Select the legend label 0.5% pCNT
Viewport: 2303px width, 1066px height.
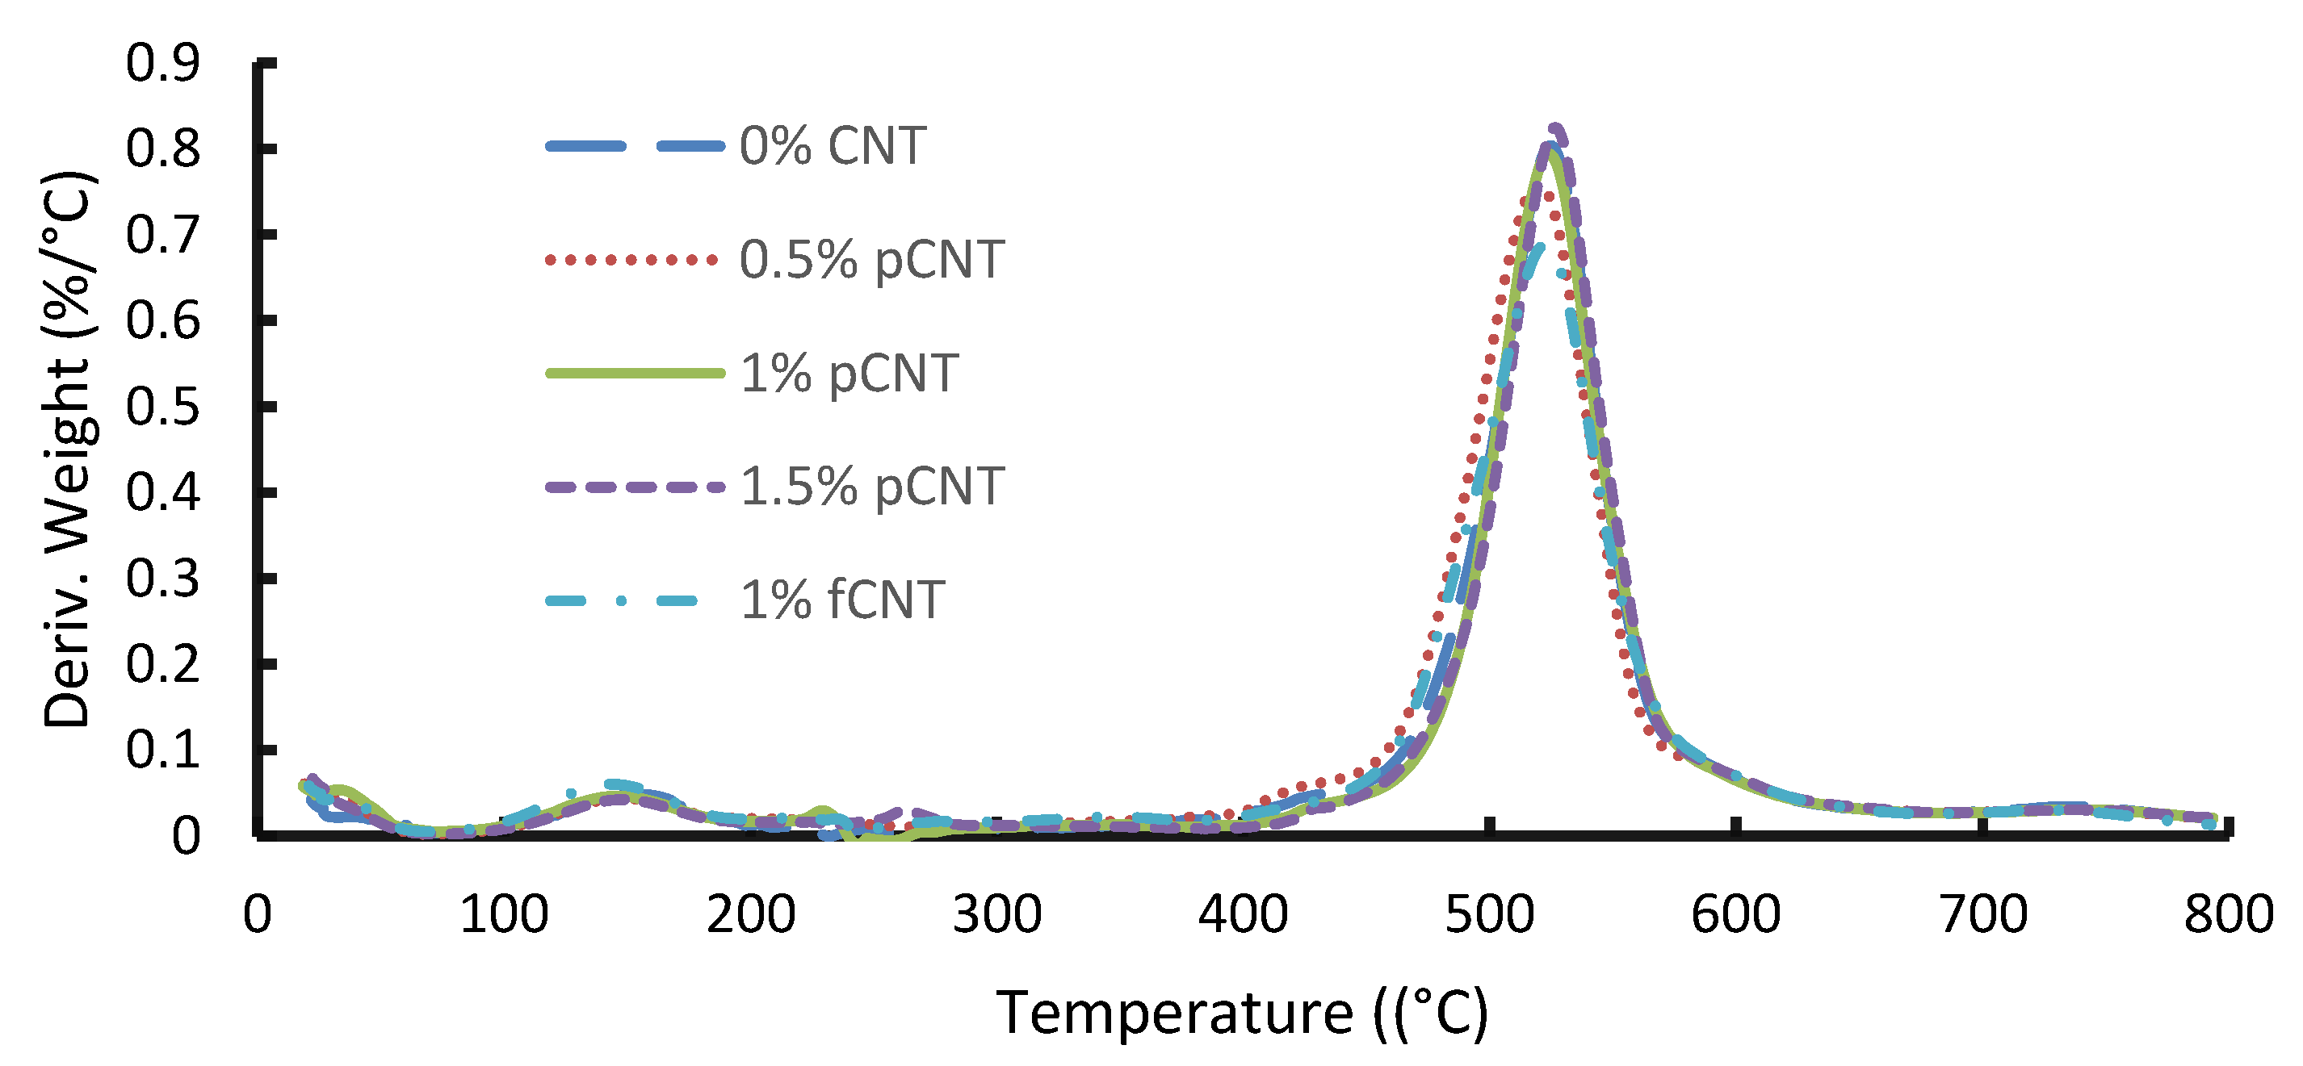pyautogui.click(x=871, y=260)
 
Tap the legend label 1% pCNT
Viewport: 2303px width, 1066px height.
pyautogui.click(x=849, y=374)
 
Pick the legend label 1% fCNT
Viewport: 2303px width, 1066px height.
pyautogui.click(x=842, y=600)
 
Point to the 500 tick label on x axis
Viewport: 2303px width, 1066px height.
pyautogui.click(x=1488, y=915)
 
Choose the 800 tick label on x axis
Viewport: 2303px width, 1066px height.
pyautogui.click(x=2228, y=915)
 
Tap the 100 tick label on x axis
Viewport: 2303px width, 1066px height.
pyautogui.click(x=503, y=915)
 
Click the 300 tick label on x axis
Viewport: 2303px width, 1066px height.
pyautogui.click(x=996, y=915)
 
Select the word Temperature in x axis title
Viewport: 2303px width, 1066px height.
pyautogui.click(x=1174, y=1014)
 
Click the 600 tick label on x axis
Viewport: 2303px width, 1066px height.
pyautogui.click(x=1735, y=915)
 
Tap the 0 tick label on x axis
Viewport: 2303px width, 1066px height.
pyautogui.click(x=258, y=915)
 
